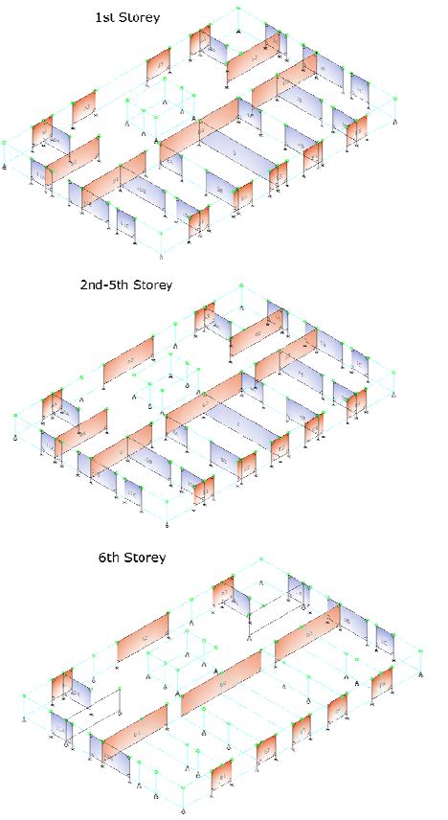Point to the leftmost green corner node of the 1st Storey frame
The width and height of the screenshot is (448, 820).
tap(4, 144)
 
